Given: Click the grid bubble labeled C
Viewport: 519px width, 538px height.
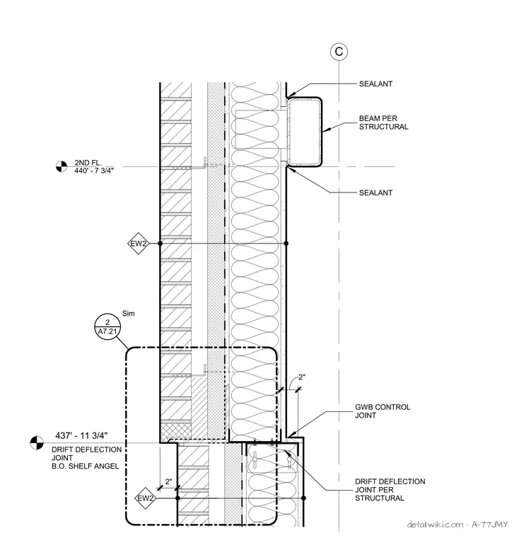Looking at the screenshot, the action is click(x=339, y=52).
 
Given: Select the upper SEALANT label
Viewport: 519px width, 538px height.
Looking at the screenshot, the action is click(x=375, y=84).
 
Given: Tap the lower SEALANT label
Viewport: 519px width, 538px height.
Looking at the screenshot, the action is click(x=375, y=193).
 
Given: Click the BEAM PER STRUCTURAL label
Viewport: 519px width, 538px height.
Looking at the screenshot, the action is click(x=384, y=122).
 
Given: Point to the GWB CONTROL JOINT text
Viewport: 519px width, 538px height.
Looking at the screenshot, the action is click(x=383, y=411).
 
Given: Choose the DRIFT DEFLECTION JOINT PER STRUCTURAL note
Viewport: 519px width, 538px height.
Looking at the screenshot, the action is click(x=390, y=490).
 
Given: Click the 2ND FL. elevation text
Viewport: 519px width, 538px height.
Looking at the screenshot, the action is click(x=88, y=163).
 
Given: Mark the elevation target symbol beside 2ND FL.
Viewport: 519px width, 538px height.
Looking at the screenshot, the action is click(x=62, y=166).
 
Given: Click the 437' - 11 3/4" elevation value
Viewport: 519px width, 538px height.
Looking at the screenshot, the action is click(x=81, y=436).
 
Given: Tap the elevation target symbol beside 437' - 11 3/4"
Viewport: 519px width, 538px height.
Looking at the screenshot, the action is click(x=37, y=442).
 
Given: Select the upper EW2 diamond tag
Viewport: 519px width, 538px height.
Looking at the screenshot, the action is click(x=139, y=244).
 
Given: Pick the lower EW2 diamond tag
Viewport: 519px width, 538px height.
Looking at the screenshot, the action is click(x=146, y=498).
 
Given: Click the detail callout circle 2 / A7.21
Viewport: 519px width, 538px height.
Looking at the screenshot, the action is click(x=107, y=327).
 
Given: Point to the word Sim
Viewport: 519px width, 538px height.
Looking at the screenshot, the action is click(x=129, y=314).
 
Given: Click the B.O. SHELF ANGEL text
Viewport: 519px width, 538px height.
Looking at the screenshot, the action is click(x=86, y=467).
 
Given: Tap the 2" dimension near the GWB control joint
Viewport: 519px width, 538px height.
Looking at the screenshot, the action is click(x=302, y=377).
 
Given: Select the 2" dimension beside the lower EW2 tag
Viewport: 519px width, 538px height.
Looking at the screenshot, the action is click(x=168, y=482).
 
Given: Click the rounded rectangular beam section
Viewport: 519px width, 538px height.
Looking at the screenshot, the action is click(x=305, y=132).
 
